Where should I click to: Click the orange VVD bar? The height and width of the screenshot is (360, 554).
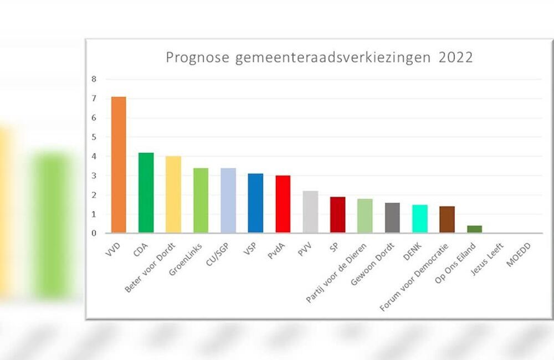[119, 164]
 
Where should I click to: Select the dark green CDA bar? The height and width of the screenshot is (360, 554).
[146, 192]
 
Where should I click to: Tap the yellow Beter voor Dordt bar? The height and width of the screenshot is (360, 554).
[173, 194]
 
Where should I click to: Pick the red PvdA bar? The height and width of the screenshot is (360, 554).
[283, 204]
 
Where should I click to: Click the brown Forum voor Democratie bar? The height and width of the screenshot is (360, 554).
[447, 219]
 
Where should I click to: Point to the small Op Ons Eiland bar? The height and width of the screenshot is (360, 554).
[475, 229]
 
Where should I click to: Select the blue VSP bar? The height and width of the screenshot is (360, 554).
[255, 203]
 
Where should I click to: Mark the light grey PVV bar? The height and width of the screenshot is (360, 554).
[310, 212]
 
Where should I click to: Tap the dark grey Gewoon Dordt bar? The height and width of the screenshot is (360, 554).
[392, 218]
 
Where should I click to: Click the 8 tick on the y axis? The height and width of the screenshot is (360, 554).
[94, 79]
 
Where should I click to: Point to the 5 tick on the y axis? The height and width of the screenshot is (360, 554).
[94, 137]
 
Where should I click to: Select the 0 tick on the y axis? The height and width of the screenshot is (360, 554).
[94, 233]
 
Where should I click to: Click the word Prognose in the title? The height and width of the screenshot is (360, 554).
[197, 58]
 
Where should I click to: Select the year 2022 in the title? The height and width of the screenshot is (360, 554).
[455, 58]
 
